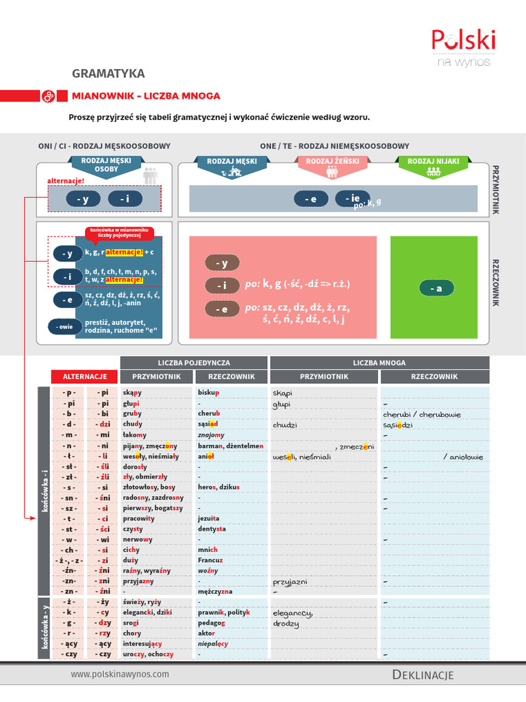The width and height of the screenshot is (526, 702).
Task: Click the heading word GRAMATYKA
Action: pyautogui.click(x=108, y=73)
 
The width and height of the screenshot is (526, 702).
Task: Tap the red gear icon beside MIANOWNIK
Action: pyautogui.click(x=48, y=97)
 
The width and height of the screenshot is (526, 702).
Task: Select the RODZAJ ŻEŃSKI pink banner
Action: pyautogui.click(x=331, y=162)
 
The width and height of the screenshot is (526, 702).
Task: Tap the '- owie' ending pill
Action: pyautogui.click(x=64, y=327)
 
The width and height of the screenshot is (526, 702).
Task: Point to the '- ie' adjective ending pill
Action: pyautogui.click(x=351, y=198)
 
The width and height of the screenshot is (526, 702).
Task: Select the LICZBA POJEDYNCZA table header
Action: pyautogui.click(x=195, y=362)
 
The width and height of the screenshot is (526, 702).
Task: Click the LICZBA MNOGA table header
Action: pyautogui.click(x=379, y=362)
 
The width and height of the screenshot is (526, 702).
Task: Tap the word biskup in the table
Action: pyautogui.click(x=208, y=393)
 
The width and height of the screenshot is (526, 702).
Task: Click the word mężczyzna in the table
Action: pyautogui.click(x=215, y=591)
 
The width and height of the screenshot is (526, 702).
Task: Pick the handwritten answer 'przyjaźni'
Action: pyautogui.click(x=290, y=581)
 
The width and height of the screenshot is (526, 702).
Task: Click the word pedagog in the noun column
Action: pyautogui.click(x=211, y=622)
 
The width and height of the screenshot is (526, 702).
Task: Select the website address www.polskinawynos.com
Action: pyautogui.click(x=120, y=674)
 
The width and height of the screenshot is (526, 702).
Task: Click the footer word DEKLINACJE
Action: pyautogui.click(x=423, y=675)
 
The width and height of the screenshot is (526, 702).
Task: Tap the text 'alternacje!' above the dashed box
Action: pyautogui.click(x=66, y=180)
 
